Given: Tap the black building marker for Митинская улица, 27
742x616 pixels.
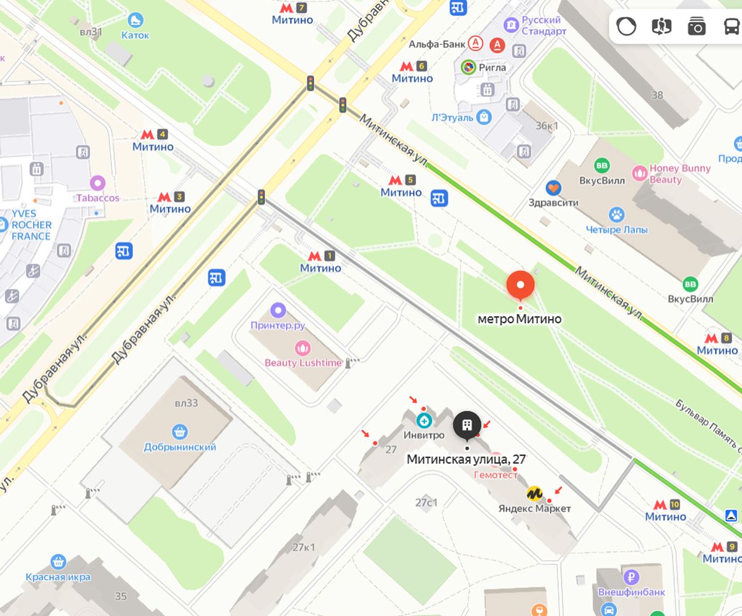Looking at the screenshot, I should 467,425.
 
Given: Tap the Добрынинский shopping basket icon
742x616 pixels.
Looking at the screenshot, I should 180,431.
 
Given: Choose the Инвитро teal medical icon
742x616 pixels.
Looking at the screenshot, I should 423,421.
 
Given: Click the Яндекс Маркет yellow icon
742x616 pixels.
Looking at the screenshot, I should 534,493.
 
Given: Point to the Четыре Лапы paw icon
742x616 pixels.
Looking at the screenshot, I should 616,215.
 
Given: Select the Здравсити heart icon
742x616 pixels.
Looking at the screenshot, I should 553,187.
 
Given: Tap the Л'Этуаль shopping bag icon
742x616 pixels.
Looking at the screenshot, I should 484,116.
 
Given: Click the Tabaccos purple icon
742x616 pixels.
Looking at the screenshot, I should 97,183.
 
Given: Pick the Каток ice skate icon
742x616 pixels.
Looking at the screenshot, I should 135,20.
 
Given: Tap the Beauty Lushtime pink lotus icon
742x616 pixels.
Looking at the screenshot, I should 302,348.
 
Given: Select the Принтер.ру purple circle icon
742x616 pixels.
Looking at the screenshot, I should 279,310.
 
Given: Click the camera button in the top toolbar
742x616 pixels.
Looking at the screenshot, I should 696,26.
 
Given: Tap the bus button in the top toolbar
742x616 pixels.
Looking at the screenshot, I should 731,26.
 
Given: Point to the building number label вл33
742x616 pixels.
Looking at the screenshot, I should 186,403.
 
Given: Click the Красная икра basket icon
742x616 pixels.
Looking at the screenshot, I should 59,562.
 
